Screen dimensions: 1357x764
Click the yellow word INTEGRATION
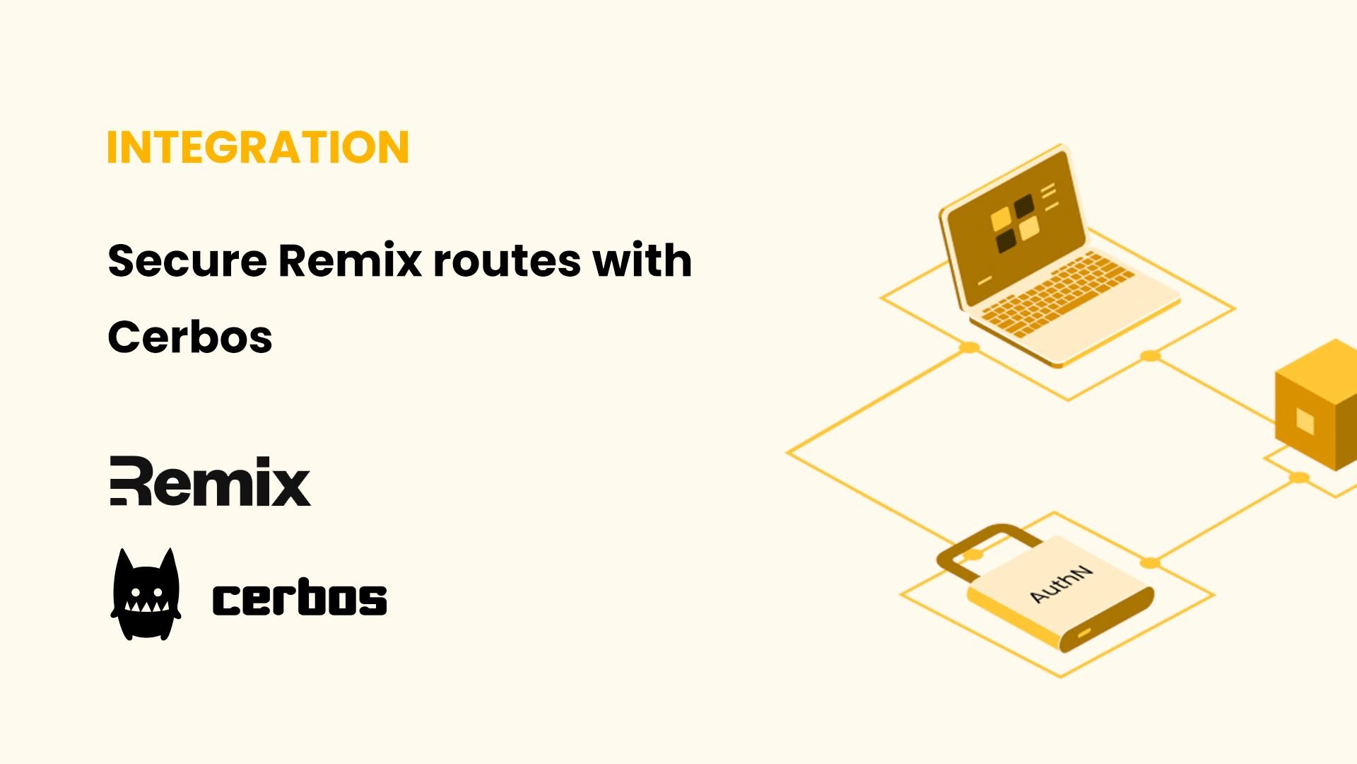pyautogui.click(x=258, y=147)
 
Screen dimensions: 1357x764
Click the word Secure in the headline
pyautogui.click(x=187, y=260)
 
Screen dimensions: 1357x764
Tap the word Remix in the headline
pyautogui.click(x=350, y=260)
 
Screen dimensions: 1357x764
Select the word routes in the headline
pyautogui.click(x=507, y=262)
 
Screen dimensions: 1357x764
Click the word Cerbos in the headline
pyautogui.click(x=190, y=337)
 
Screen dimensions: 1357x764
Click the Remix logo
pyautogui.click(x=210, y=481)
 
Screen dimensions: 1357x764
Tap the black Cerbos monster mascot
pyautogui.click(x=146, y=594)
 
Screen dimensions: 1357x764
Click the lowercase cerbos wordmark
pyautogui.click(x=300, y=597)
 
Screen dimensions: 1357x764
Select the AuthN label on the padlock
pyautogui.click(x=1061, y=584)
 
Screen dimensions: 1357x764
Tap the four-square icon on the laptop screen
pyautogui.click(x=1015, y=224)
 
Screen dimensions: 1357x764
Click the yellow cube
pyautogui.click(x=1316, y=405)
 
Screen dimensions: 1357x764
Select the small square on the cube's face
pyautogui.click(x=1305, y=422)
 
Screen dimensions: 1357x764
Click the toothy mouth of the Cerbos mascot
pyautogui.click(x=146, y=606)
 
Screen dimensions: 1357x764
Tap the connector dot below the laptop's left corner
pyautogui.click(x=970, y=347)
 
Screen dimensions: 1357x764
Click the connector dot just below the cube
pyautogui.click(x=1299, y=477)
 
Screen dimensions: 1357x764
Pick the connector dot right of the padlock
pyautogui.click(x=1151, y=563)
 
